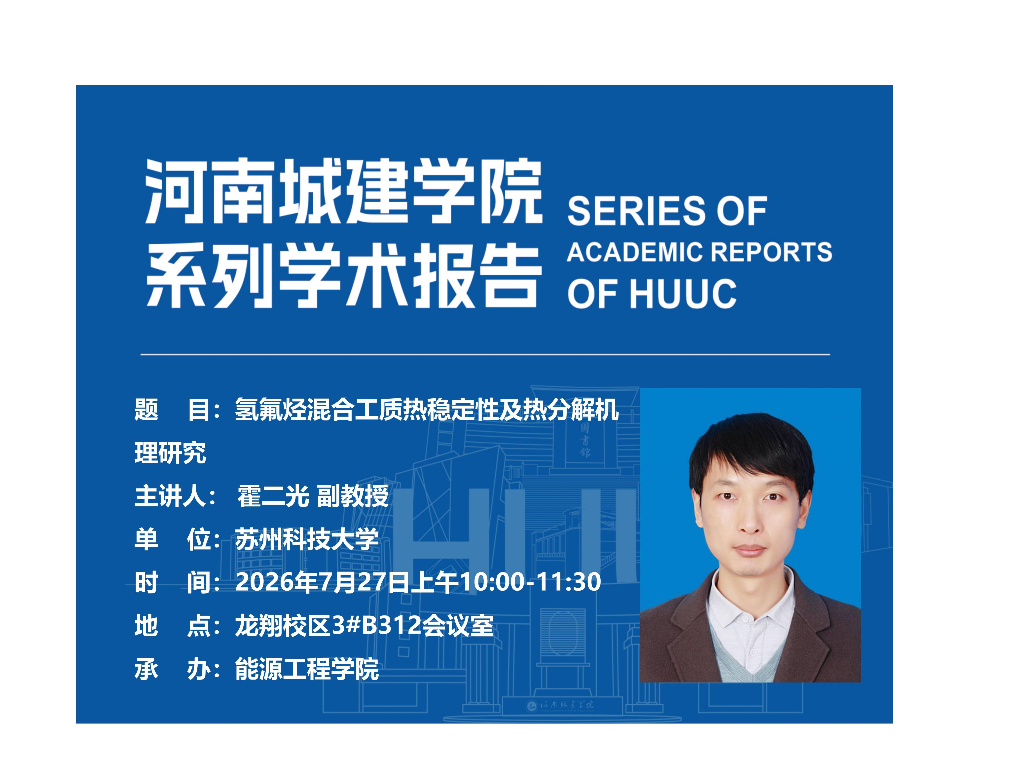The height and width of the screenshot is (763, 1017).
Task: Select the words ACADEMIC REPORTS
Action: point(699,252)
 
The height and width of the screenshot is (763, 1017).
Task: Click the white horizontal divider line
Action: point(485,355)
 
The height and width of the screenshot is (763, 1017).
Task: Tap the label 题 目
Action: point(172,409)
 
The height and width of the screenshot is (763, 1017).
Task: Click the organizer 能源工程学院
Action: point(307,669)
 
